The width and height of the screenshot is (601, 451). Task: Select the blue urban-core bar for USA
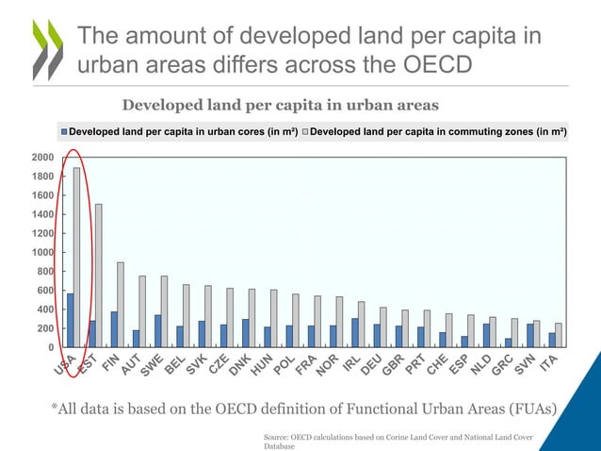click(70, 320)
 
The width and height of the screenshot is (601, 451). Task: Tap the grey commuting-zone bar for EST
click(98, 276)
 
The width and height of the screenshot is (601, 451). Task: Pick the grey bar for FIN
click(121, 305)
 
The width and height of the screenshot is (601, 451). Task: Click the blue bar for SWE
click(157, 331)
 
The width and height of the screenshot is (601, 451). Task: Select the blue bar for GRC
click(509, 342)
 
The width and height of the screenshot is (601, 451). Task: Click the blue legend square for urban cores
click(64, 132)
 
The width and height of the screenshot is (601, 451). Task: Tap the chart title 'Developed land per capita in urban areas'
click(281, 103)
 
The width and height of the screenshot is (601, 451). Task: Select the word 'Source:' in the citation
click(280, 438)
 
